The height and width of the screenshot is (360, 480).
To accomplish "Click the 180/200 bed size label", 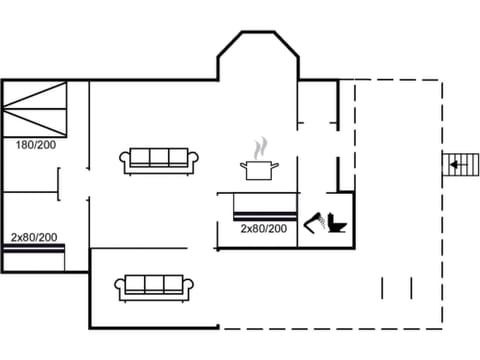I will (x=34, y=145).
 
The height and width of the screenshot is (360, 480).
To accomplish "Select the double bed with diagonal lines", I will (x=35, y=109).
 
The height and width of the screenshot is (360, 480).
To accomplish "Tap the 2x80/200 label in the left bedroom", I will (x=34, y=237).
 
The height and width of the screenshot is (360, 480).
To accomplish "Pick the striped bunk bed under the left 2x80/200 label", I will (x=33, y=257).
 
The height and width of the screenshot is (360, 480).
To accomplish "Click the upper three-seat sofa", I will (x=160, y=159).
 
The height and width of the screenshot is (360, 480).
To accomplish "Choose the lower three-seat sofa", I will (x=155, y=286).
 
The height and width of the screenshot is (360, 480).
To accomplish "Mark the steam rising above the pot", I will (x=262, y=147).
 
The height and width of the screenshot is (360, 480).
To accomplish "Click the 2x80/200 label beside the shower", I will (x=263, y=229).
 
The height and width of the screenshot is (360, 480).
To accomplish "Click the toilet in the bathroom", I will (x=335, y=223).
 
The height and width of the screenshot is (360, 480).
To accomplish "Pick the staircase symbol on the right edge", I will (x=459, y=164).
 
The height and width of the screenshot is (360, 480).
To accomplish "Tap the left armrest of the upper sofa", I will (x=125, y=160).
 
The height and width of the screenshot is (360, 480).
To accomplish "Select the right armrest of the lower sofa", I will (x=191, y=288).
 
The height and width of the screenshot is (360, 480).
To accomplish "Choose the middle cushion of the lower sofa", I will (x=155, y=284).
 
